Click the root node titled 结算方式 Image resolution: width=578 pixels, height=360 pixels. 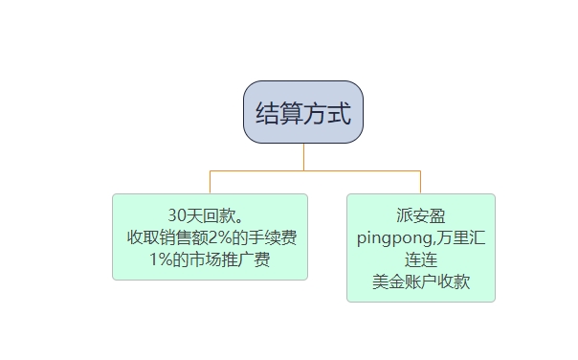click(x=303, y=112)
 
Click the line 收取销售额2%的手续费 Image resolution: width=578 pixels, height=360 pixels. click(x=211, y=236)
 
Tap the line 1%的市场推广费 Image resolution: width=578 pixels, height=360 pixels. click(x=211, y=259)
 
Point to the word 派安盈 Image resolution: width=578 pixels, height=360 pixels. click(x=421, y=215)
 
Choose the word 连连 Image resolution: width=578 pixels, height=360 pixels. click(x=421, y=259)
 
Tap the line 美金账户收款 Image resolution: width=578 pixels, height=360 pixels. click(x=421, y=282)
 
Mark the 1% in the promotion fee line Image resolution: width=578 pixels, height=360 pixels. click(x=161, y=259)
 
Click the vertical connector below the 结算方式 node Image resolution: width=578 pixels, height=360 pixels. click(x=303, y=157)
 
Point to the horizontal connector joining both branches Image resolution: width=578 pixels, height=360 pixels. click(x=316, y=170)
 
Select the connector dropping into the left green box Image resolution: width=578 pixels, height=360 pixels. click(x=210, y=182)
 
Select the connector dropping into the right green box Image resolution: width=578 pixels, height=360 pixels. click(x=421, y=182)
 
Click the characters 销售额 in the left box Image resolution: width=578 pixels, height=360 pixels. click(x=186, y=236)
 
